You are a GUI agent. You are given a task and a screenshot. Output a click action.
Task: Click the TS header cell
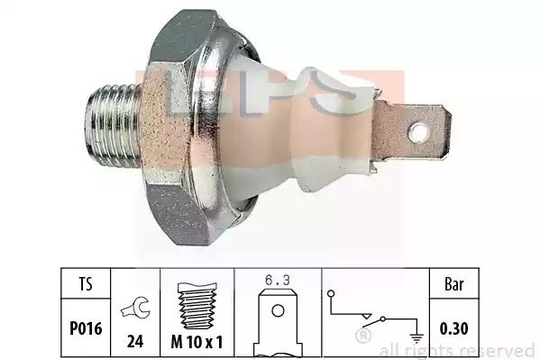(x=86, y=283)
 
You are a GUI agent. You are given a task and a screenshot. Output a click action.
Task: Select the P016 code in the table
(x=86, y=328)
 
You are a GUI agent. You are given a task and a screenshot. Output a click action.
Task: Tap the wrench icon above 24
(x=135, y=308)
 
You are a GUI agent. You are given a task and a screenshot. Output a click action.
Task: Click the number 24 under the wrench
(x=135, y=341)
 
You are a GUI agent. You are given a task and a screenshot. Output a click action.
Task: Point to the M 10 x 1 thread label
(x=197, y=342)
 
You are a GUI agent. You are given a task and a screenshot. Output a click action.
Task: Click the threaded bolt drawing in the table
(x=197, y=306)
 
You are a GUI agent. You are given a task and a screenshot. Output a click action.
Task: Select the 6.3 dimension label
(x=278, y=280)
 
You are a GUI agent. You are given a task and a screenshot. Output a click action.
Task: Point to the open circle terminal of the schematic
(x=331, y=294)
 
